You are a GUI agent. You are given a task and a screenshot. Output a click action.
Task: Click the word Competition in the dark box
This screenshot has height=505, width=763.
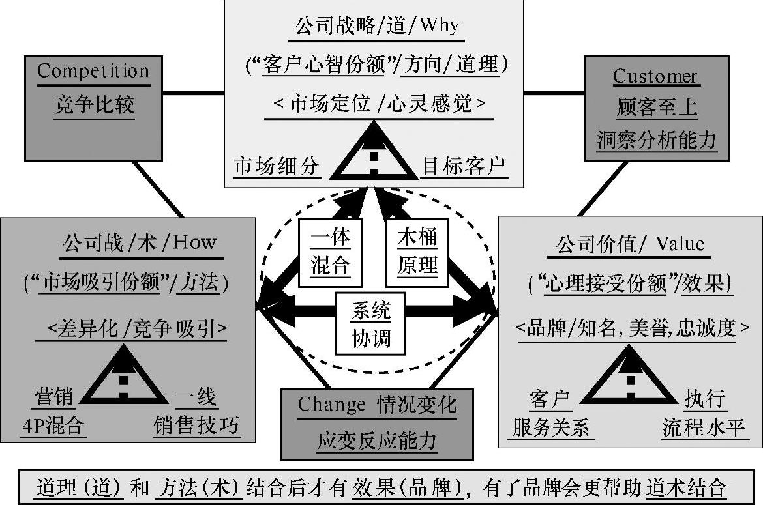tap(93, 71)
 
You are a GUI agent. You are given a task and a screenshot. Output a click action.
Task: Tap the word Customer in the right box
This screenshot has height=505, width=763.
tap(655, 76)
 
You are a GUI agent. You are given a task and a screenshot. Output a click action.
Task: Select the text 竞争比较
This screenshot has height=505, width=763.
tap(94, 105)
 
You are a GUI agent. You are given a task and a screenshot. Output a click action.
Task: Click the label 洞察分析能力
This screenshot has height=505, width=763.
tap(657, 139)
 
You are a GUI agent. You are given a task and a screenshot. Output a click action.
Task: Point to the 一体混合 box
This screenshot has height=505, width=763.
tap(330, 252)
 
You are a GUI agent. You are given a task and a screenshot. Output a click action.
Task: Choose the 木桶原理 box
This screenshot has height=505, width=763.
tap(417, 252)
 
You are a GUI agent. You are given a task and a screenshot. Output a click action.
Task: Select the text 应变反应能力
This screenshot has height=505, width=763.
tap(377, 441)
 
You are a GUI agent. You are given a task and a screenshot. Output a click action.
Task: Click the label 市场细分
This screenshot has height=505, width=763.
tap(277, 167)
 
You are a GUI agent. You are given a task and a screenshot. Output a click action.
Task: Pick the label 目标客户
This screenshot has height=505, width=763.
tap(464, 167)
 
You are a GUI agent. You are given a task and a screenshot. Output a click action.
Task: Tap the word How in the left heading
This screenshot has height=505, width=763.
tap(194, 242)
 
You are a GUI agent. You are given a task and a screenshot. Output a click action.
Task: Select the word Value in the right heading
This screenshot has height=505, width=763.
tap(680, 244)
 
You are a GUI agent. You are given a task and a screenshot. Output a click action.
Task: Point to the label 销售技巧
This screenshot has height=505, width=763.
tap(196, 427)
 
